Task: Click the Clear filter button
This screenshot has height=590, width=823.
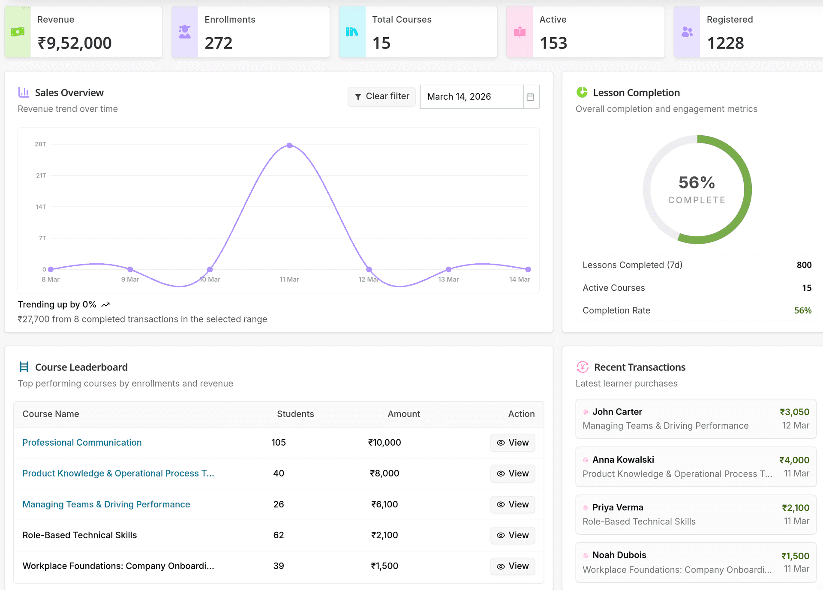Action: (381, 96)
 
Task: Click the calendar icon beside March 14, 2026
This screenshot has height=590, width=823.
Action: (530, 97)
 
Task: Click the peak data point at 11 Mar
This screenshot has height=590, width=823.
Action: (290, 146)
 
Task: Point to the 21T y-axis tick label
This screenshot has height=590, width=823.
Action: (41, 176)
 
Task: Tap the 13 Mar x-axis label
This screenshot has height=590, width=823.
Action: (448, 279)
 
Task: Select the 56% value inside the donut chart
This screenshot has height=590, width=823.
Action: (697, 183)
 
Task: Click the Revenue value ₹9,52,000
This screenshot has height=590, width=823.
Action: (75, 43)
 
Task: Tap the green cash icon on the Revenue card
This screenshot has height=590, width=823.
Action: (18, 32)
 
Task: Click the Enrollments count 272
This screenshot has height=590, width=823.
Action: (219, 43)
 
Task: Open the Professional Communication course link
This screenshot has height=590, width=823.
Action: (82, 442)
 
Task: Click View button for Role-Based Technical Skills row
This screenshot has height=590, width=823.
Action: (513, 535)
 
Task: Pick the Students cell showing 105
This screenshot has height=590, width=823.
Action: (279, 442)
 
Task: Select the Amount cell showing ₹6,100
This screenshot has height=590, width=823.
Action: (384, 504)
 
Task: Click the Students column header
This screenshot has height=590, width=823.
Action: (295, 414)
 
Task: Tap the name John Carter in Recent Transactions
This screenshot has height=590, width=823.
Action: (617, 412)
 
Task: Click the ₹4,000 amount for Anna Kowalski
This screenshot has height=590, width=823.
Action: (794, 460)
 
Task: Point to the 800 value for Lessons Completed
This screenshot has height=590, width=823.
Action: (804, 265)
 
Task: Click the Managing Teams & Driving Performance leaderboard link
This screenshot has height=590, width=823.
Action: (106, 504)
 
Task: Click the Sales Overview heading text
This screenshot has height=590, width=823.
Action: (69, 93)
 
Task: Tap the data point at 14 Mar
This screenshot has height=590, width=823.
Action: (528, 269)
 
